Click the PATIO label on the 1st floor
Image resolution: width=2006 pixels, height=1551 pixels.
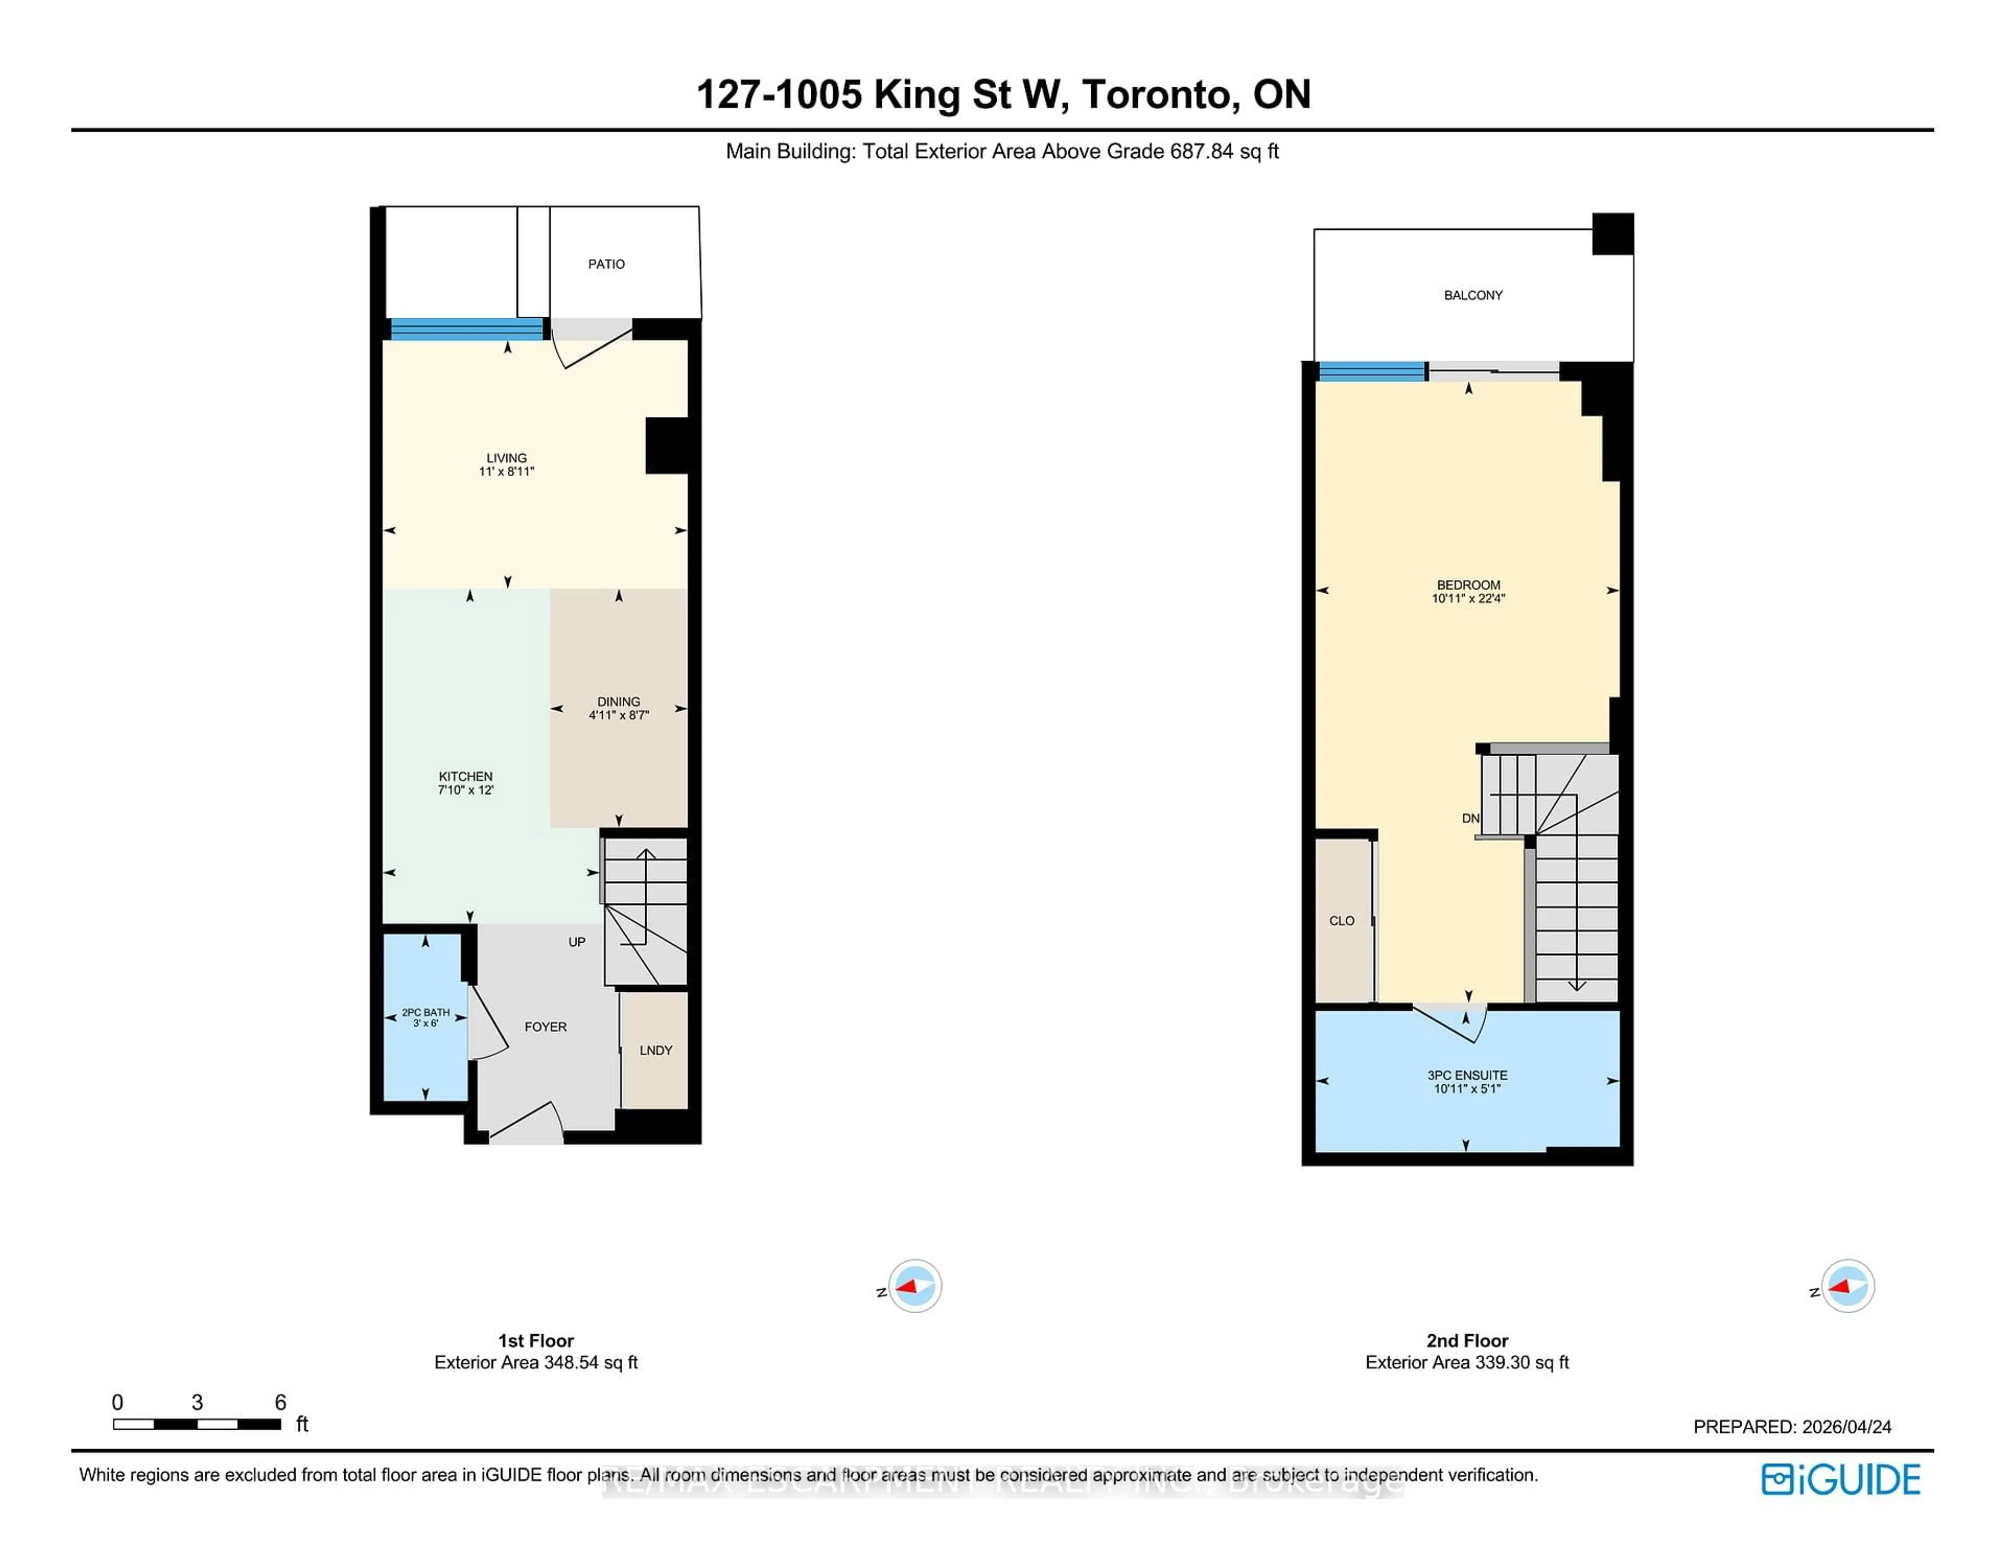(x=606, y=264)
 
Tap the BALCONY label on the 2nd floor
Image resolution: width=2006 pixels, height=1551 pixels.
(x=1472, y=295)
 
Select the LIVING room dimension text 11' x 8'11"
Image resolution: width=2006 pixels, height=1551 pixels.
(x=506, y=471)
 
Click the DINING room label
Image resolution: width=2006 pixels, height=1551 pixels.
(x=618, y=701)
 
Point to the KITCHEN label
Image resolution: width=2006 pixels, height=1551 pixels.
(x=465, y=777)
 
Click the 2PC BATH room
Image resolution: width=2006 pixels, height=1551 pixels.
(x=425, y=1017)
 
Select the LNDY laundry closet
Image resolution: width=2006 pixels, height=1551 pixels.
(x=655, y=1050)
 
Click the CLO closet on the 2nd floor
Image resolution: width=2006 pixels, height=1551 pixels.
(x=1341, y=921)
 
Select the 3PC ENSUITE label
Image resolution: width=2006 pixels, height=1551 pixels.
(x=1467, y=1075)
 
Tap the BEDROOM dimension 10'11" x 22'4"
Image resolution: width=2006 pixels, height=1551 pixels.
(x=1468, y=598)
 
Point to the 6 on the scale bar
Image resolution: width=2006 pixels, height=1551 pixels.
(x=280, y=1402)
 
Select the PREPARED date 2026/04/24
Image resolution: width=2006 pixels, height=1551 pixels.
(x=1846, y=1427)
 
